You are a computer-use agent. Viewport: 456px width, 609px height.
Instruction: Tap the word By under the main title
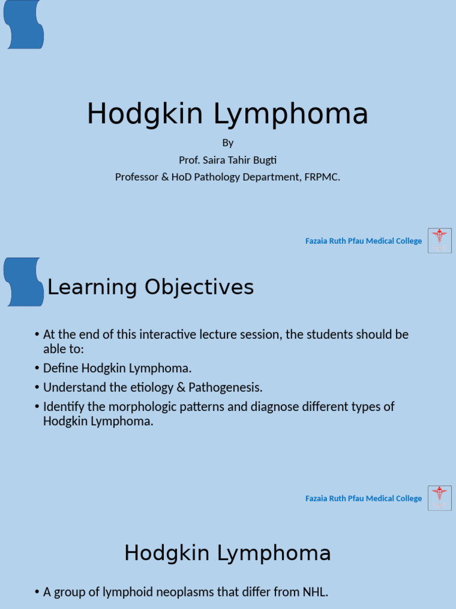point(228,143)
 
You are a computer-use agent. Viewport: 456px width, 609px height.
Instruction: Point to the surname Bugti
point(264,160)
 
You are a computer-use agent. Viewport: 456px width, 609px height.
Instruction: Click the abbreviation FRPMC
point(323,177)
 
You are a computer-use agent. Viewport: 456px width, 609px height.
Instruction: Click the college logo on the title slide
point(439,240)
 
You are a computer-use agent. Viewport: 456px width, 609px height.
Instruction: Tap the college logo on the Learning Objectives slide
point(439,498)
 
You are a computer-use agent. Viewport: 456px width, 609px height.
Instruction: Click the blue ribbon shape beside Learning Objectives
point(24,281)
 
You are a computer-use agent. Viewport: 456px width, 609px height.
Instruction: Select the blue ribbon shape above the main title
point(24,24)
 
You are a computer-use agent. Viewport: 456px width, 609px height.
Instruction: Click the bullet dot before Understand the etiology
point(37,388)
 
